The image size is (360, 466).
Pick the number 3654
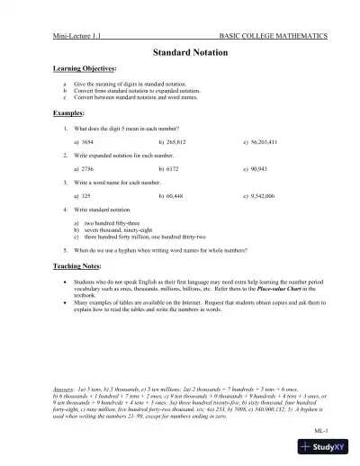[x=92, y=142]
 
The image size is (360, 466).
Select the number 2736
[x=92, y=168]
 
